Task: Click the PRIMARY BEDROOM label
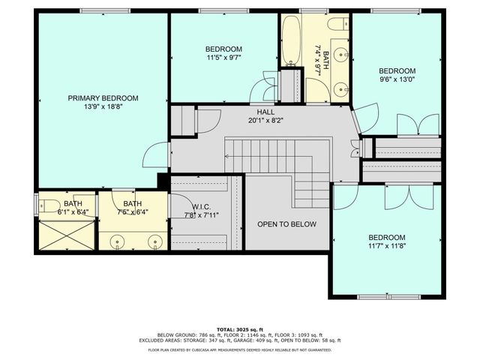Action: click(103, 98)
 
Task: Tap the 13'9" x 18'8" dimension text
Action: click(103, 108)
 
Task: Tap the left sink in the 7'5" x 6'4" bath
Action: click(118, 241)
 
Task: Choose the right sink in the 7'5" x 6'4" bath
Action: click(155, 241)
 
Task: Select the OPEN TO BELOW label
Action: click(286, 224)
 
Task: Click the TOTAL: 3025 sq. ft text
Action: click(239, 329)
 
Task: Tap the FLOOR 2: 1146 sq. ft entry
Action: click(238, 334)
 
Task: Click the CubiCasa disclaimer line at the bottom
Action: click(239, 349)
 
